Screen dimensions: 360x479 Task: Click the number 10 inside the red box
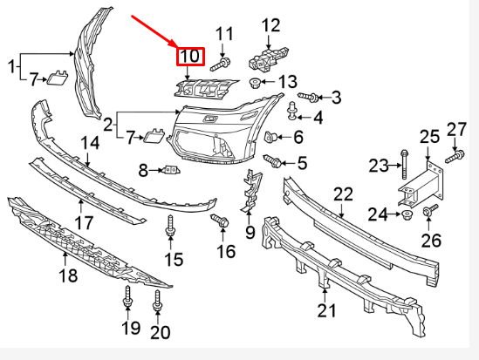189,58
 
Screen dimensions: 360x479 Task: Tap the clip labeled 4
294,109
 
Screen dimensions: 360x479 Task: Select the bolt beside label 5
271,161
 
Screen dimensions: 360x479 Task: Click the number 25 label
429,136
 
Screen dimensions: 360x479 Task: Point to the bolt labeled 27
454,156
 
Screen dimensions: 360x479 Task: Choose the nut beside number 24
407,214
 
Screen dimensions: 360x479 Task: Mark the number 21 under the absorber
326,311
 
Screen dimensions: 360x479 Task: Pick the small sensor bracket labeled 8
171,169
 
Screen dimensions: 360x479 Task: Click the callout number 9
250,232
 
